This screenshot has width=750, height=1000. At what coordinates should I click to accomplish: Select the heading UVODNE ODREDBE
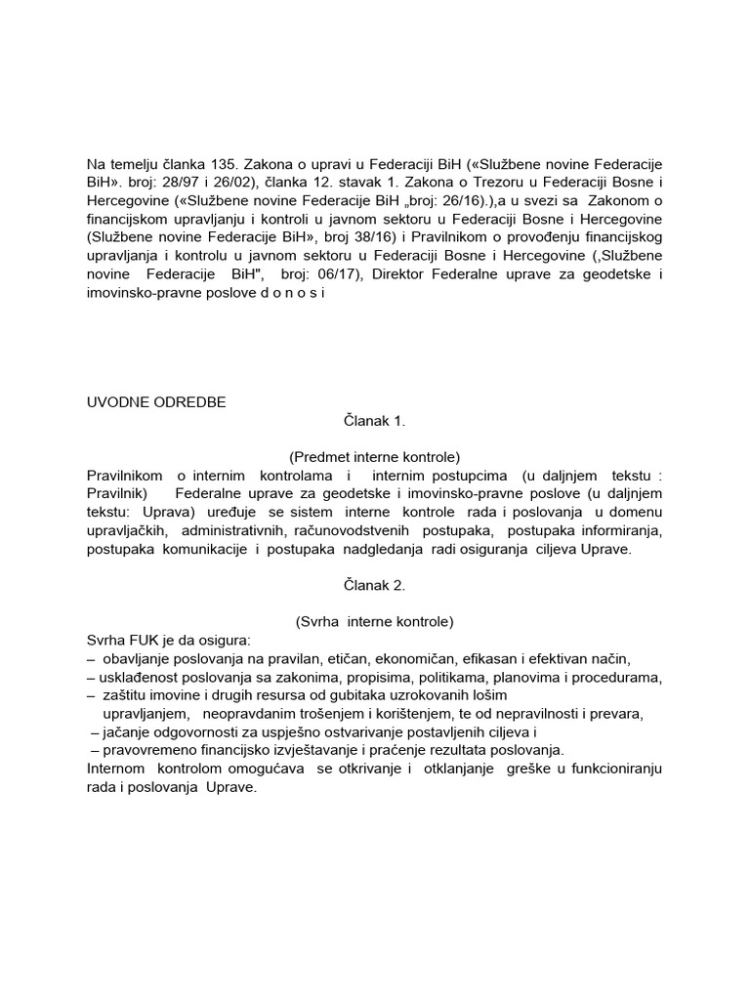(x=156, y=401)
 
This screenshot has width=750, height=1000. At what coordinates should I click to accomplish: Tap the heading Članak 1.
(x=374, y=420)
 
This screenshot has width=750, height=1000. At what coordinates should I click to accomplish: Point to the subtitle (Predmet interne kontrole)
(x=374, y=456)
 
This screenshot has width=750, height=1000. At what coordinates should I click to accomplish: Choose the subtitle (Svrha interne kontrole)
(x=374, y=621)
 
